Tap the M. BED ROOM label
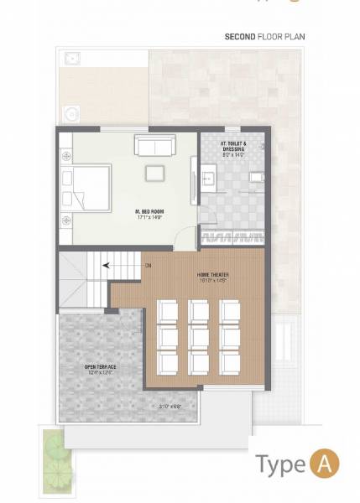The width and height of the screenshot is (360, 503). pyautogui.click(x=148, y=211)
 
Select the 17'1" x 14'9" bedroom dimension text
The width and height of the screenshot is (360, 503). pyautogui.click(x=148, y=218)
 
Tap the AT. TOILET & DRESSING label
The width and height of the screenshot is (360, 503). pyautogui.click(x=233, y=148)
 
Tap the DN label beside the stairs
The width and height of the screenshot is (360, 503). pyautogui.click(x=148, y=266)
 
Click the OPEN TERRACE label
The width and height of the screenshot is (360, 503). pyautogui.click(x=100, y=366)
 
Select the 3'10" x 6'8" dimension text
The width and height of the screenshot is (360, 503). pyautogui.click(x=170, y=406)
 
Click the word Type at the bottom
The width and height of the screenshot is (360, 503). pyautogui.click(x=281, y=464)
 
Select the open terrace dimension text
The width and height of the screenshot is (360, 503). pyautogui.click(x=100, y=373)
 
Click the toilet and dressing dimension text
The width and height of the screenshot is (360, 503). pyautogui.click(x=233, y=155)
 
